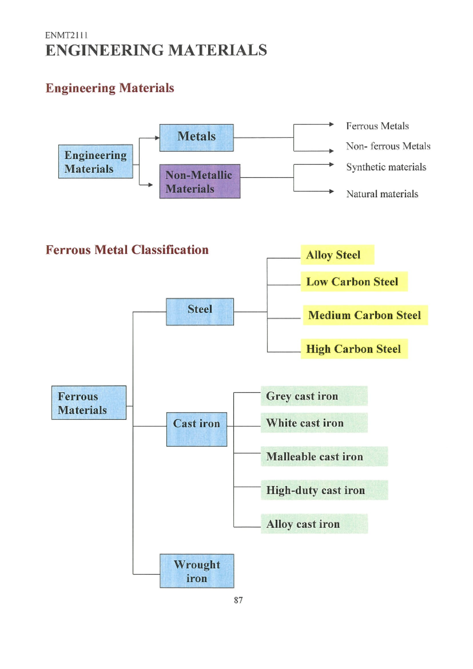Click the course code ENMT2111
tap(66, 35)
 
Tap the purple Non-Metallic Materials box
tap(200, 181)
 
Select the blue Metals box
tap(196, 138)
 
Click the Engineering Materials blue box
tap(95, 162)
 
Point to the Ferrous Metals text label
tap(377, 126)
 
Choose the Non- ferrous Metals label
tap(388, 146)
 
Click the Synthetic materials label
tap(386, 167)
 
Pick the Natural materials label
tap(382, 194)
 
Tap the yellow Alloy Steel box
tap(337, 255)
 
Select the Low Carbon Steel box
tap(354, 282)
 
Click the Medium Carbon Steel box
tap(365, 315)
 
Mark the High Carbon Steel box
tap(354, 349)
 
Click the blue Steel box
tap(200, 312)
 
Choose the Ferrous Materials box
tap(89, 403)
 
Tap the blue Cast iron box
tap(197, 429)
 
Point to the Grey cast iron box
tap(314, 396)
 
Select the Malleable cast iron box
tap(324, 457)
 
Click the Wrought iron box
tap(197, 571)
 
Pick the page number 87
tap(238, 600)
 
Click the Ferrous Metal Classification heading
tap(127, 250)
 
